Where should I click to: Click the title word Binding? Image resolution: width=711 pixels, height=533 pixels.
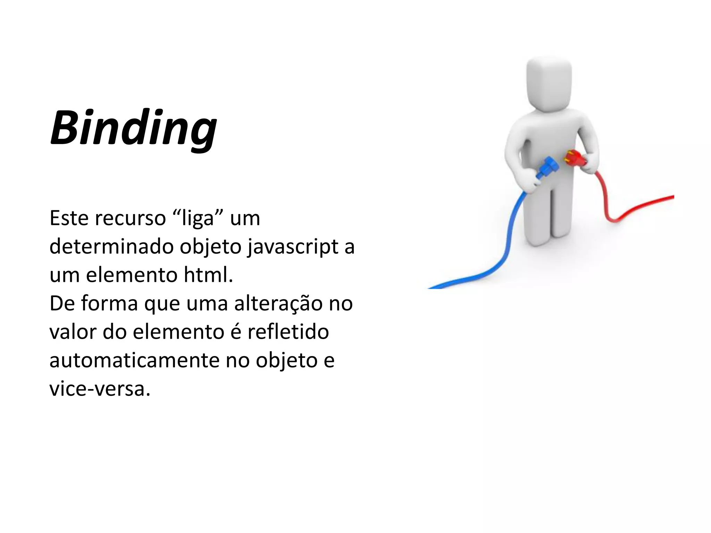tap(134, 128)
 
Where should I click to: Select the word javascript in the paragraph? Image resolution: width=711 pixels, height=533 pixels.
tap(293, 247)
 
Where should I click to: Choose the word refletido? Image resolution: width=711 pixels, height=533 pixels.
tap(288, 332)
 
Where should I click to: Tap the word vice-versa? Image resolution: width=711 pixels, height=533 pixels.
tap(100, 389)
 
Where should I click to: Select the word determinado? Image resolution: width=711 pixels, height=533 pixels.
tap(112, 247)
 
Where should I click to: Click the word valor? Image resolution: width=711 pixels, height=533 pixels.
tap(73, 332)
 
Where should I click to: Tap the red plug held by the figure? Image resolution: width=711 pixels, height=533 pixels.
tap(575, 159)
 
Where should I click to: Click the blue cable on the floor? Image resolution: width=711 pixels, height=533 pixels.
tap(486, 274)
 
